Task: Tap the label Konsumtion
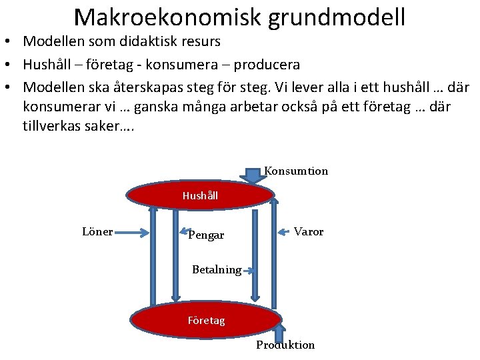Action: click(x=296, y=171)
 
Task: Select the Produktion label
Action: click(x=285, y=345)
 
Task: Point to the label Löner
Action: click(x=97, y=231)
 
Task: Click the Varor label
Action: click(x=309, y=231)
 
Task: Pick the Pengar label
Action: click(x=206, y=235)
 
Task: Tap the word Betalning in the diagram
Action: click(x=216, y=270)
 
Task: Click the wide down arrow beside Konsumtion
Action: click(x=253, y=175)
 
